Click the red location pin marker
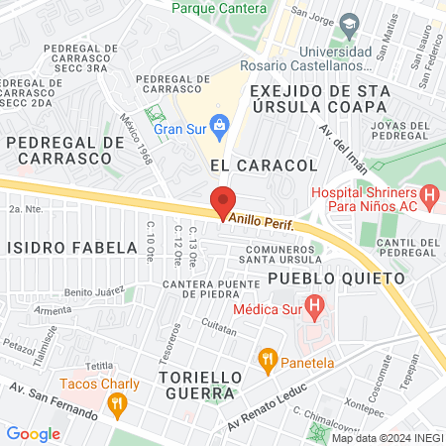point(223,201)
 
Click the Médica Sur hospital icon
point(314,308)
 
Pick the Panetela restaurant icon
point(267,357)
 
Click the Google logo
point(33,433)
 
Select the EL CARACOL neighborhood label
point(263,164)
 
